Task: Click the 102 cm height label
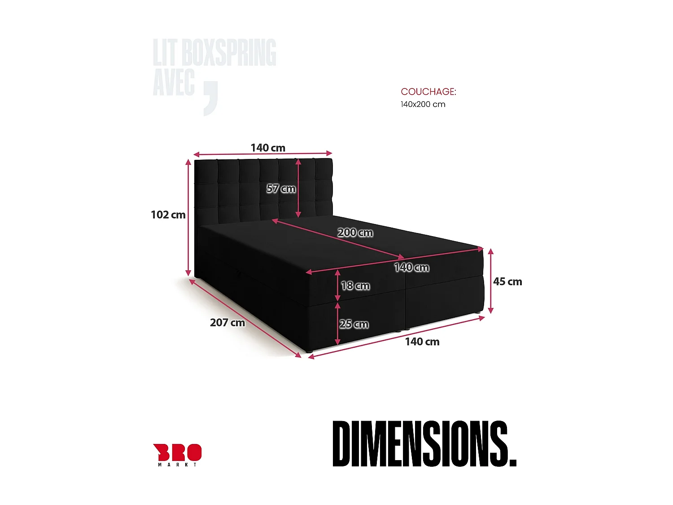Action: point(168,215)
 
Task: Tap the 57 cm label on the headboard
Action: point(281,189)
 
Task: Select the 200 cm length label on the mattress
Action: point(355,233)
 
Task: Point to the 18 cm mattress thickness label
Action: point(355,285)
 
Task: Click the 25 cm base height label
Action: point(354,324)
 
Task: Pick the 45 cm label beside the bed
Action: point(507,282)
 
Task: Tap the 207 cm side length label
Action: point(227,323)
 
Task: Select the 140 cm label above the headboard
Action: point(268,148)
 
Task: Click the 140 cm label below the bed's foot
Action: point(422,342)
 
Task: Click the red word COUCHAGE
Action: point(428,92)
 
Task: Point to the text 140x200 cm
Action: point(423,105)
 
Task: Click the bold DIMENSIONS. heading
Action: point(424,444)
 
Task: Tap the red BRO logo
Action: point(177,452)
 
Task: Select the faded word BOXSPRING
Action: point(229,53)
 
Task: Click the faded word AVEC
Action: point(174,83)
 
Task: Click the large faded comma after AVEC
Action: point(210,98)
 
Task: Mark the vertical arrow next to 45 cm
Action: point(491,281)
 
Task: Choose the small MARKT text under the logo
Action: point(177,465)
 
